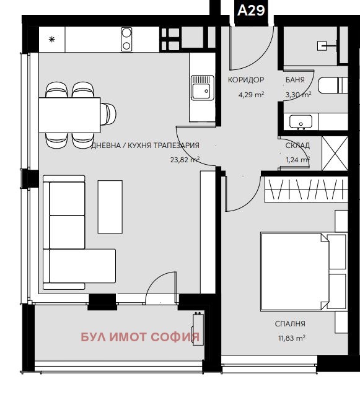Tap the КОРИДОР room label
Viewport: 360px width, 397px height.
246,80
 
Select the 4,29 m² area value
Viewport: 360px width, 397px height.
252,95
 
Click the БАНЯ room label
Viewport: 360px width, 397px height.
295,80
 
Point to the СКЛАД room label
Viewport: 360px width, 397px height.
297,146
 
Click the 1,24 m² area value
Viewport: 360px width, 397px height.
297,159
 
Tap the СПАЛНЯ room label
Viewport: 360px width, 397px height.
290,323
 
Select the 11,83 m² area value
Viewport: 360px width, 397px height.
291,338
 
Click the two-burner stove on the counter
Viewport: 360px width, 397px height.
126,39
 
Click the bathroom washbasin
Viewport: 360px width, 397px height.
302,122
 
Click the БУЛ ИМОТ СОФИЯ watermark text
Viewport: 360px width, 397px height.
141,338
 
